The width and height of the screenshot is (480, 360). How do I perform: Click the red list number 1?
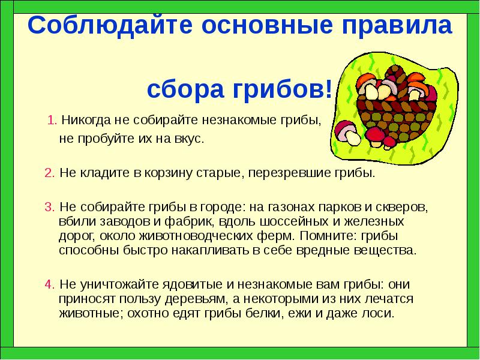tap(51, 119)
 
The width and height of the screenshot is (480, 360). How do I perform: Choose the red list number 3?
tap(48, 208)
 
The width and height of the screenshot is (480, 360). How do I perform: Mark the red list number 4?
tap(48, 284)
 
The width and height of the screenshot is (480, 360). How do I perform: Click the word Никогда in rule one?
tap(85, 119)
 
